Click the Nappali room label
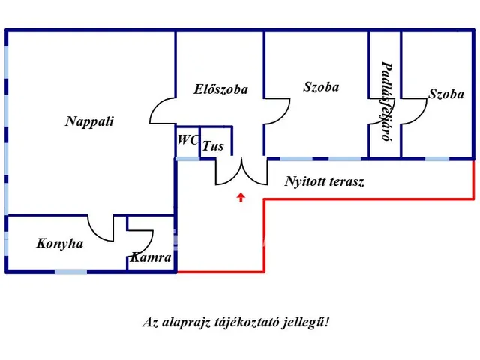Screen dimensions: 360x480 click(x=89, y=121)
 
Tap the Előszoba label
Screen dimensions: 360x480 click(x=220, y=89)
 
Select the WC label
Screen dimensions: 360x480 click(x=187, y=139)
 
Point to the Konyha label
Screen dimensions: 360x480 click(x=59, y=244)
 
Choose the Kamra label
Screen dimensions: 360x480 click(x=151, y=257)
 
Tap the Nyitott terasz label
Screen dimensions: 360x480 click(x=324, y=181)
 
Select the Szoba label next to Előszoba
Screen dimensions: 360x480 click(x=321, y=87)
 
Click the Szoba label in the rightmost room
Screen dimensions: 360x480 click(x=446, y=94)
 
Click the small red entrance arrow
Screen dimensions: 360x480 click(x=241, y=198)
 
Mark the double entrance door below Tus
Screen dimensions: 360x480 click(x=241, y=172)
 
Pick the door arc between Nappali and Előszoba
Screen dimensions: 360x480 click(x=162, y=112)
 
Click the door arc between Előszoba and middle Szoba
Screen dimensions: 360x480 click(x=278, y=112)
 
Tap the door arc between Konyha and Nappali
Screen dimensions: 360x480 click(x=101, y=228)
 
